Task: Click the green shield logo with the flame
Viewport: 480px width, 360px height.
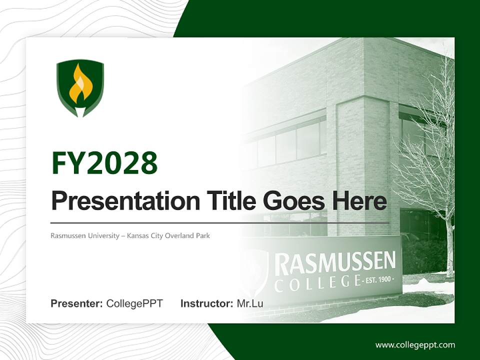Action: pos(80,87)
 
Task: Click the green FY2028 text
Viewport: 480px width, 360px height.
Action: pos(104,162)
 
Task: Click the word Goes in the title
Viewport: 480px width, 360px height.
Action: pos(292,201)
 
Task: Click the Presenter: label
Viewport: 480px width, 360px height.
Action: pos(77,303)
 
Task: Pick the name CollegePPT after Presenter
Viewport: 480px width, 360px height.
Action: pos(134,303)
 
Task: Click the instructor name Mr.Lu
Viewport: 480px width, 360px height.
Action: pos(250,303)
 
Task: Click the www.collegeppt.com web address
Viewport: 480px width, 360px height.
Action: pos(415,344)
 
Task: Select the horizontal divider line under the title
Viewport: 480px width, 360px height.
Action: pos(220,222)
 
